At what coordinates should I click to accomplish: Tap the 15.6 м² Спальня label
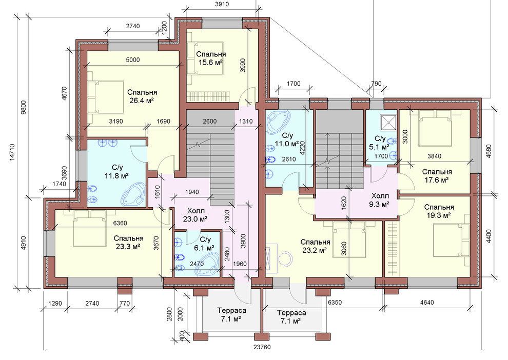(211, 58)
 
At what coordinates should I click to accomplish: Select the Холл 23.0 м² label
(195, 215)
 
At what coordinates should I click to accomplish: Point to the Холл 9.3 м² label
(380, 200)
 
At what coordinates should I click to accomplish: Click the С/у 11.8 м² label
(117, 172)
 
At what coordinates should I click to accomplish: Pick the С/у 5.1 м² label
(380, 143)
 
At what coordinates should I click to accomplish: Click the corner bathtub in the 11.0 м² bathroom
(279, 122)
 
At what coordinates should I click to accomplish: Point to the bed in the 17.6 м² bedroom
(435, 128)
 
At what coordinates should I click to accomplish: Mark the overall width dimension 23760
(262, 347)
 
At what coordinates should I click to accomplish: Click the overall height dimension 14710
(13, 152)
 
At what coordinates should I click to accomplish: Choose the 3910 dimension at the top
(222, 4)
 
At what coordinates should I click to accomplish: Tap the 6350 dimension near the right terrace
(335, 303)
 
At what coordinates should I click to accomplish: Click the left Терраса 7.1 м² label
(231, 315)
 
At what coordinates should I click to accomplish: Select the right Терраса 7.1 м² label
(291, 317)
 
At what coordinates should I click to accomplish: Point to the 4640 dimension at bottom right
(427, 303)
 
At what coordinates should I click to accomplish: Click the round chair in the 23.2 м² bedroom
(285, 258)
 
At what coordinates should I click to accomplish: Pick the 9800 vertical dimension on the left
(23, 107)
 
